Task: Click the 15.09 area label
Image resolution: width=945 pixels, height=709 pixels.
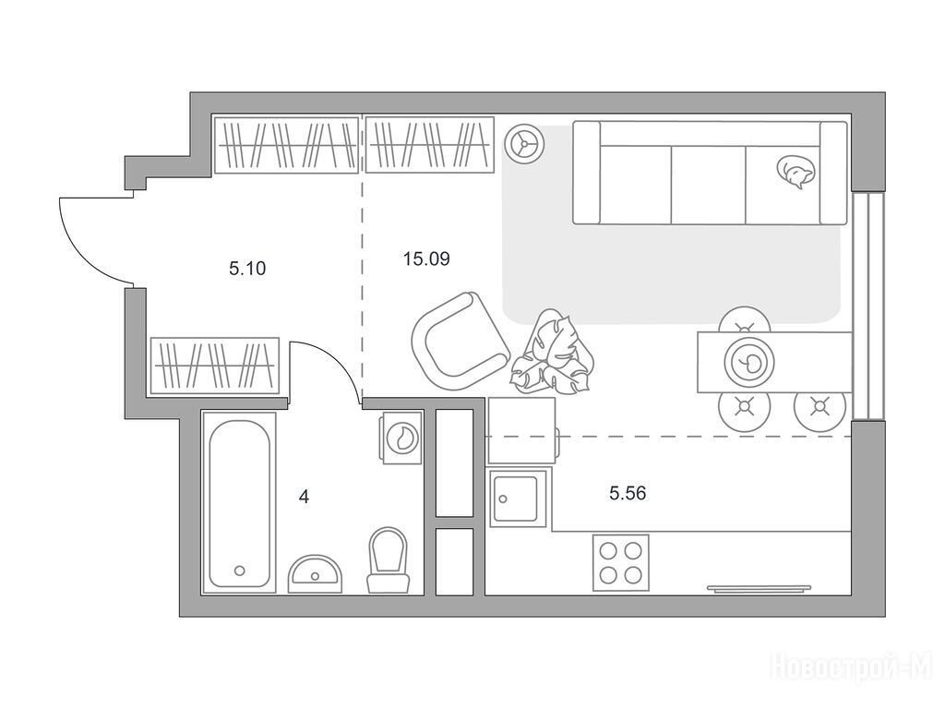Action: pyautogui.click(x=426, y=259)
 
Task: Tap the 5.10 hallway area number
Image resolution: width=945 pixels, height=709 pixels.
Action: pyautogui.click(x=247, y=269)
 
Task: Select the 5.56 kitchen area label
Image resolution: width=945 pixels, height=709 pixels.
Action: pyautogui.click(x=628, y=494)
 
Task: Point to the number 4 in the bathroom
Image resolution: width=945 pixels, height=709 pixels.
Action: pyautogui.click(x=304, y=498)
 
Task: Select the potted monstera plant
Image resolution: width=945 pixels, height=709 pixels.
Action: pyautogui.click(x=552, y=354)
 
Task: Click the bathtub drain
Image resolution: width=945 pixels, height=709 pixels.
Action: pyautogui.click(x=240, y=571)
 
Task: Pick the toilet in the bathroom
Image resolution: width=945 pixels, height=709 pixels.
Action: pyautogui.click(x=389, y=559)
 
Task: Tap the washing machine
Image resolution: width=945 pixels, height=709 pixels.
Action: pyautogui.click(x=401, y=439)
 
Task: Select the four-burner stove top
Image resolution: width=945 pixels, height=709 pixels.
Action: pyautogui.click(x=621, y=562)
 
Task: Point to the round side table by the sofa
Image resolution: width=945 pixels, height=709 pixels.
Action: pyautogui.click(x=525, y=143)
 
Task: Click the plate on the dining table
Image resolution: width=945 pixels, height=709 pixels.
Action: pyautogui.click(x=749, y=362)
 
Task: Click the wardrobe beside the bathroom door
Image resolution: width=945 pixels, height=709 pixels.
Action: pyautogui.click(x=214, y=366)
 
